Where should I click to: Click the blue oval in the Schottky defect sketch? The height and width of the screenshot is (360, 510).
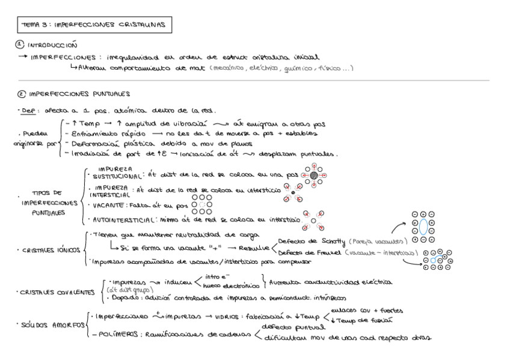(424, 227)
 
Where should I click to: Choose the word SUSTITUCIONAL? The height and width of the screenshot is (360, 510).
(113, 177)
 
